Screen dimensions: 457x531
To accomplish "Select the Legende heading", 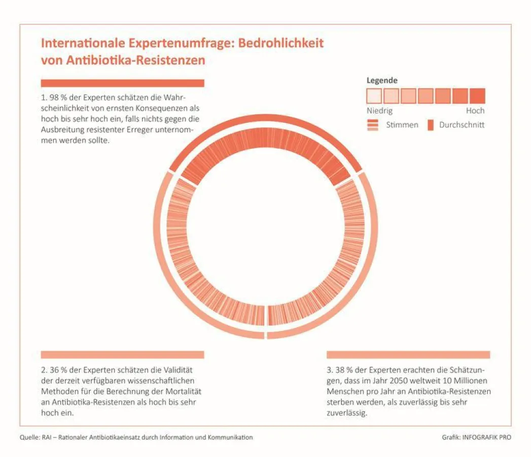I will pos(382,80).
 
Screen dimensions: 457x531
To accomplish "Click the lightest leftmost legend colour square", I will pos(374,96).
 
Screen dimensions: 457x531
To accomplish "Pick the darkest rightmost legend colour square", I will pos(477,96).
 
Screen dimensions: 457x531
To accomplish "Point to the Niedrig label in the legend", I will pos(379,111).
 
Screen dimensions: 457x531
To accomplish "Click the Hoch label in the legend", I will pos(475,111).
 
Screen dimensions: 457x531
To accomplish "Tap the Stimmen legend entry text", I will pos(402,124).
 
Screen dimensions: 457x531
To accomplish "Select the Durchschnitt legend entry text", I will pos(462,124).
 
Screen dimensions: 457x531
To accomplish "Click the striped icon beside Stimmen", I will pos(373,125).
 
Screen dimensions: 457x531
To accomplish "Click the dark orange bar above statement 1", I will pos(122,83).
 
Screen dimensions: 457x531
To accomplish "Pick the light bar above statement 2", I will pos(122,354).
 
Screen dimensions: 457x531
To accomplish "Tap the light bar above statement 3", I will pos(408,354).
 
